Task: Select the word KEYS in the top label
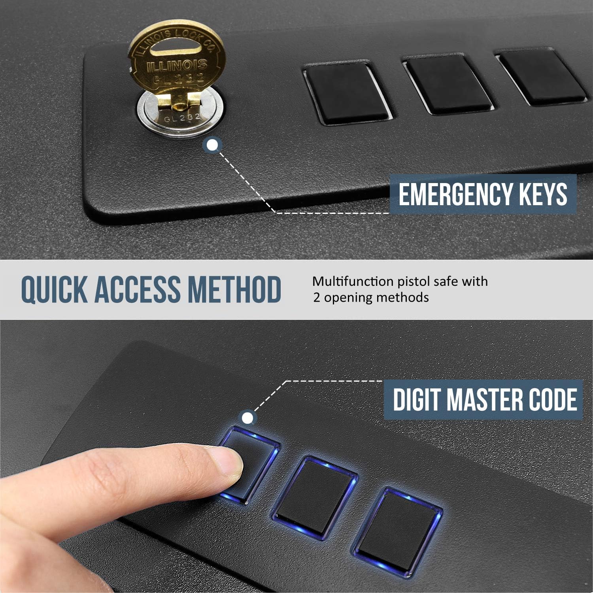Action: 546,195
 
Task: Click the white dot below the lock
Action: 213,145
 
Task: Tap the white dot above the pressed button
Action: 248,417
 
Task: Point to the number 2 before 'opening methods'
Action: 317,297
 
